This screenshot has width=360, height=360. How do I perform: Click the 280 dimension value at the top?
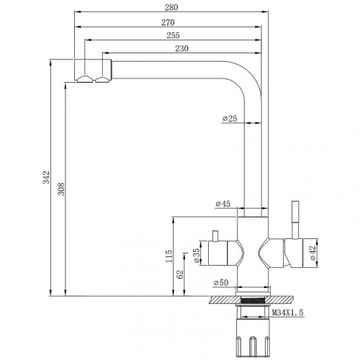(x=171, y=7)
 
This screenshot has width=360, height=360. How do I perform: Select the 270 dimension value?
(x=171, y=22)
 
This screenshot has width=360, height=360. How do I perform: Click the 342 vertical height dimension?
(x=45, y=176)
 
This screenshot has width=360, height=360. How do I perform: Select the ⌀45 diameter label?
(x=222, y=205)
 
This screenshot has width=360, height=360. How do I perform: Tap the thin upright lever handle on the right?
(x=294, y=215)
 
